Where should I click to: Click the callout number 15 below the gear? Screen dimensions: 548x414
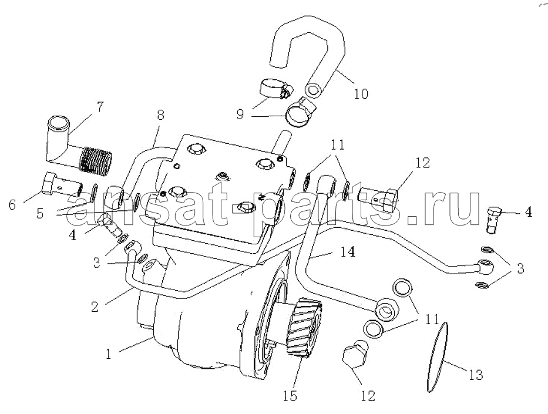coord(290,396)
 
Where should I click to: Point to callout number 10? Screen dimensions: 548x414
coord(361,93)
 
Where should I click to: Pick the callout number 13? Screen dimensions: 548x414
coord(476,375)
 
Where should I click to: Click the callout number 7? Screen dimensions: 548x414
coord(100,106)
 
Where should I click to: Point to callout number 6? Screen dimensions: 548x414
coord(12,205)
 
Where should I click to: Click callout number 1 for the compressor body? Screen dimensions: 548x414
coord(108,354)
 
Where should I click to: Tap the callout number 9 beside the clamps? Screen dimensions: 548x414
coord(240,115)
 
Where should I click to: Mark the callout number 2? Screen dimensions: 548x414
coord(95,307)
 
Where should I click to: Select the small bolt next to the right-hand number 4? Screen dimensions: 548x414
coord(493,220)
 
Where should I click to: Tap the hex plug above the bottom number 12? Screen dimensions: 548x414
coord(354,354)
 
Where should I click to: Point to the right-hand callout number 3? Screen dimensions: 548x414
coord(520,268)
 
